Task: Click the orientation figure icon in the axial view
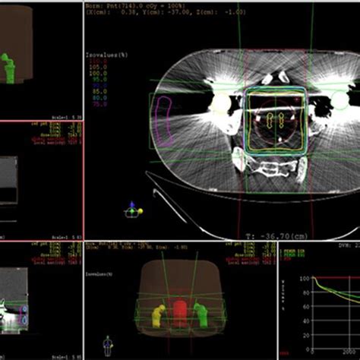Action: (134, 207)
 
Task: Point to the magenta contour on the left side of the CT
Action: (162, 117)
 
